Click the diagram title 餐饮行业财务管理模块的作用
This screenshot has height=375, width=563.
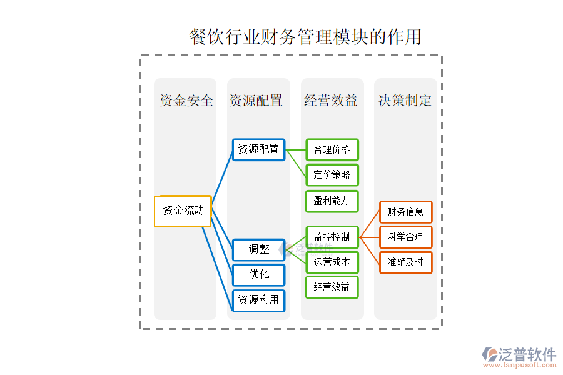pyautogui.click(x=305, y=37)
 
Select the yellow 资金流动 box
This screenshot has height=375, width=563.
pyautogui.click(x=183, y=211)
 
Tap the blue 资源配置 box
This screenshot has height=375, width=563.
pyautogui.click(x=258, y=149)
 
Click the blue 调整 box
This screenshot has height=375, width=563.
pyautogui.click(x=258, y=249)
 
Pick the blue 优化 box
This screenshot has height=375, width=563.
pyautogui.click(x=258, y=274)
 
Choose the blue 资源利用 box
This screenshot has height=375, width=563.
pyautogui.click(x=258, y=300)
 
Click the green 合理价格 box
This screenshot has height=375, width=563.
pyautogui.click(x=332, y=149)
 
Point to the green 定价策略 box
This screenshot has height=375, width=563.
pyautogui.click(x=332, y=175)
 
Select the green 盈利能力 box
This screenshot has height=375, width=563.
pyautogui.click(x=332, y=201)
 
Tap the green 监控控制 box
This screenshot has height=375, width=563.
pyautogui.click(x=332, y=237)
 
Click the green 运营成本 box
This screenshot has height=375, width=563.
pyautogui.click(x=332, y=262)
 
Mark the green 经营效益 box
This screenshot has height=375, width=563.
pyautogui.click(x=332, y=287)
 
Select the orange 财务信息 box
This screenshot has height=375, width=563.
pyautogui.click(x=405, y=212)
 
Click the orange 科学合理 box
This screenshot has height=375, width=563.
pyautogui.click(x=405, y=237)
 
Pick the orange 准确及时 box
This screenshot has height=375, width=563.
pyautogui.click(x=405, y=262)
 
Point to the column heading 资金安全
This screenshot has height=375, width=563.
pyautogui.click(x=186, y=101)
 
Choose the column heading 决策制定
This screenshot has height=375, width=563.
pyautogui.click(x=405, y=101)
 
